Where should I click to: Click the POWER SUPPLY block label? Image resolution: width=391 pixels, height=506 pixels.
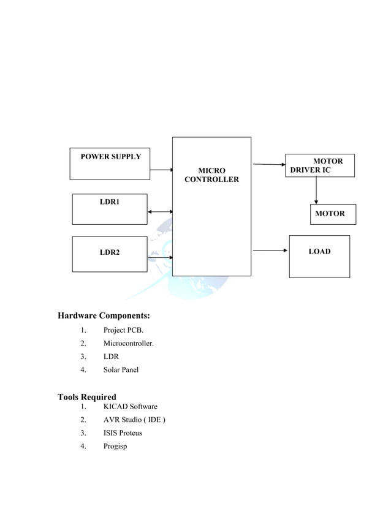[x=111, y=157]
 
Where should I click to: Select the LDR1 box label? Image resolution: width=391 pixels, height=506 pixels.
[x=110, y=202]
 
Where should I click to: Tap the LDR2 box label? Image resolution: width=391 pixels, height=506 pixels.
[x=110, y=252]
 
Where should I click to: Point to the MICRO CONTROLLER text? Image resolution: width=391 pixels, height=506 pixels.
[x=211, y=175]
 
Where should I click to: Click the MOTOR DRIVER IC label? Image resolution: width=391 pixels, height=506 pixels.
[x=319, y=165]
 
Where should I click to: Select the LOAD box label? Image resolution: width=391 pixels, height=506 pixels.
[x=319, y=251]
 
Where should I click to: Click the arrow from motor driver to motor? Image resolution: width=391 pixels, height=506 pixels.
[x=316, y=191]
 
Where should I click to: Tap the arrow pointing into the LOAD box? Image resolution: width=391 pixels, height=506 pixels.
[x=270, y=250]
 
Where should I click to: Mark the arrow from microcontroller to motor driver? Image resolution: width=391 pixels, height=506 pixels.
[x=269, y=164]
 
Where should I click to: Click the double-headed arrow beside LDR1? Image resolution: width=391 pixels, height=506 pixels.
[x=161, y=212]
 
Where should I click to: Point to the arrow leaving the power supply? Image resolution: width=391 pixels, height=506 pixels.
[x=162, y=170]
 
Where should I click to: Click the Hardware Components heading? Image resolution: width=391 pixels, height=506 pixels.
[x=104, y=316]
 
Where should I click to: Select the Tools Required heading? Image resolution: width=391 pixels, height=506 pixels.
[x=87, y=397]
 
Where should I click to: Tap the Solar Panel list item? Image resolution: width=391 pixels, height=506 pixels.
[x=121, y=369]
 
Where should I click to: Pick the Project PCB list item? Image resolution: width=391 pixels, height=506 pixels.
[x=123, y=331]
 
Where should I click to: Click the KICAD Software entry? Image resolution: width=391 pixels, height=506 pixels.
[x=130, y=407]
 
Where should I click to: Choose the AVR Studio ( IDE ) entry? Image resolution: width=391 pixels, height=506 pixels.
[x=134, y=420]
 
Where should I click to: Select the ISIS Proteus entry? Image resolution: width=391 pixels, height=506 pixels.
[x=123, y=433]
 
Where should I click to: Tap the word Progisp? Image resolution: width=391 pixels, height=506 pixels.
[x=115, y=446]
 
